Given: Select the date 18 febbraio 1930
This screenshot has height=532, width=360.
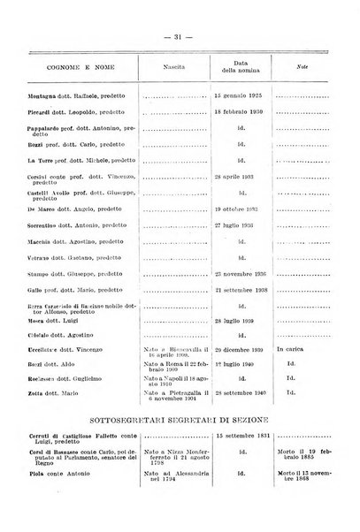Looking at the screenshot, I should (x=241, y=113).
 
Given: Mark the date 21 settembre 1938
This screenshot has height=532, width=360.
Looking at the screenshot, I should (x=241, y=289).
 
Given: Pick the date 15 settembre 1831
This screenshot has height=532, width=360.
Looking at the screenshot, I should (x=241, y=488).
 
